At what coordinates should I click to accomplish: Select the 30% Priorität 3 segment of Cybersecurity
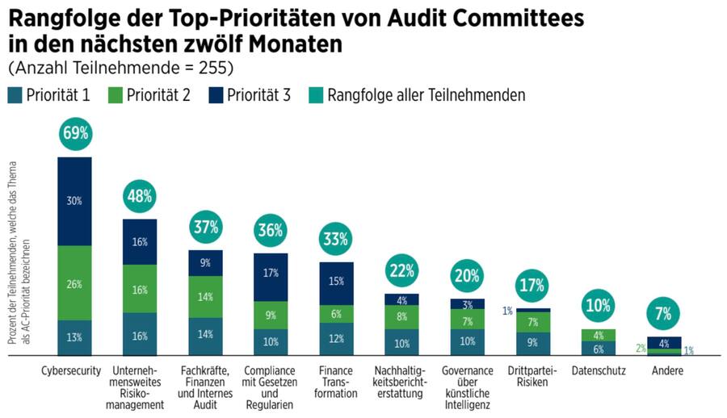[x=74, y=201]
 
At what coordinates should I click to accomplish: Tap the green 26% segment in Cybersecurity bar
[x=74, y=282]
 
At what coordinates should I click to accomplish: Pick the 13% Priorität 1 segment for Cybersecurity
[x=74, y=337]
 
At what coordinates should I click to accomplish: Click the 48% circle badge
[x=140, y=196]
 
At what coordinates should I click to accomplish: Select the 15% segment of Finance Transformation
[x=337, y=282]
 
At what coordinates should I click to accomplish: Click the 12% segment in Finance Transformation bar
[x=337, y=338]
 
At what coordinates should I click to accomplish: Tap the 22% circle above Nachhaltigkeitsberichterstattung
[x=402, y=270]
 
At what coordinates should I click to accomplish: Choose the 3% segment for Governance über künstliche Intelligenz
[x=468, y=304]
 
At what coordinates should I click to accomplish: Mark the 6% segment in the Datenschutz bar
[x=599, y=348]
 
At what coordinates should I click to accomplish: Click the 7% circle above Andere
[x=664, y=312]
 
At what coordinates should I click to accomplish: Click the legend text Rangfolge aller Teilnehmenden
[x=427, y=95]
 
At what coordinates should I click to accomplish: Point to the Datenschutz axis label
[x=599, y=371]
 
